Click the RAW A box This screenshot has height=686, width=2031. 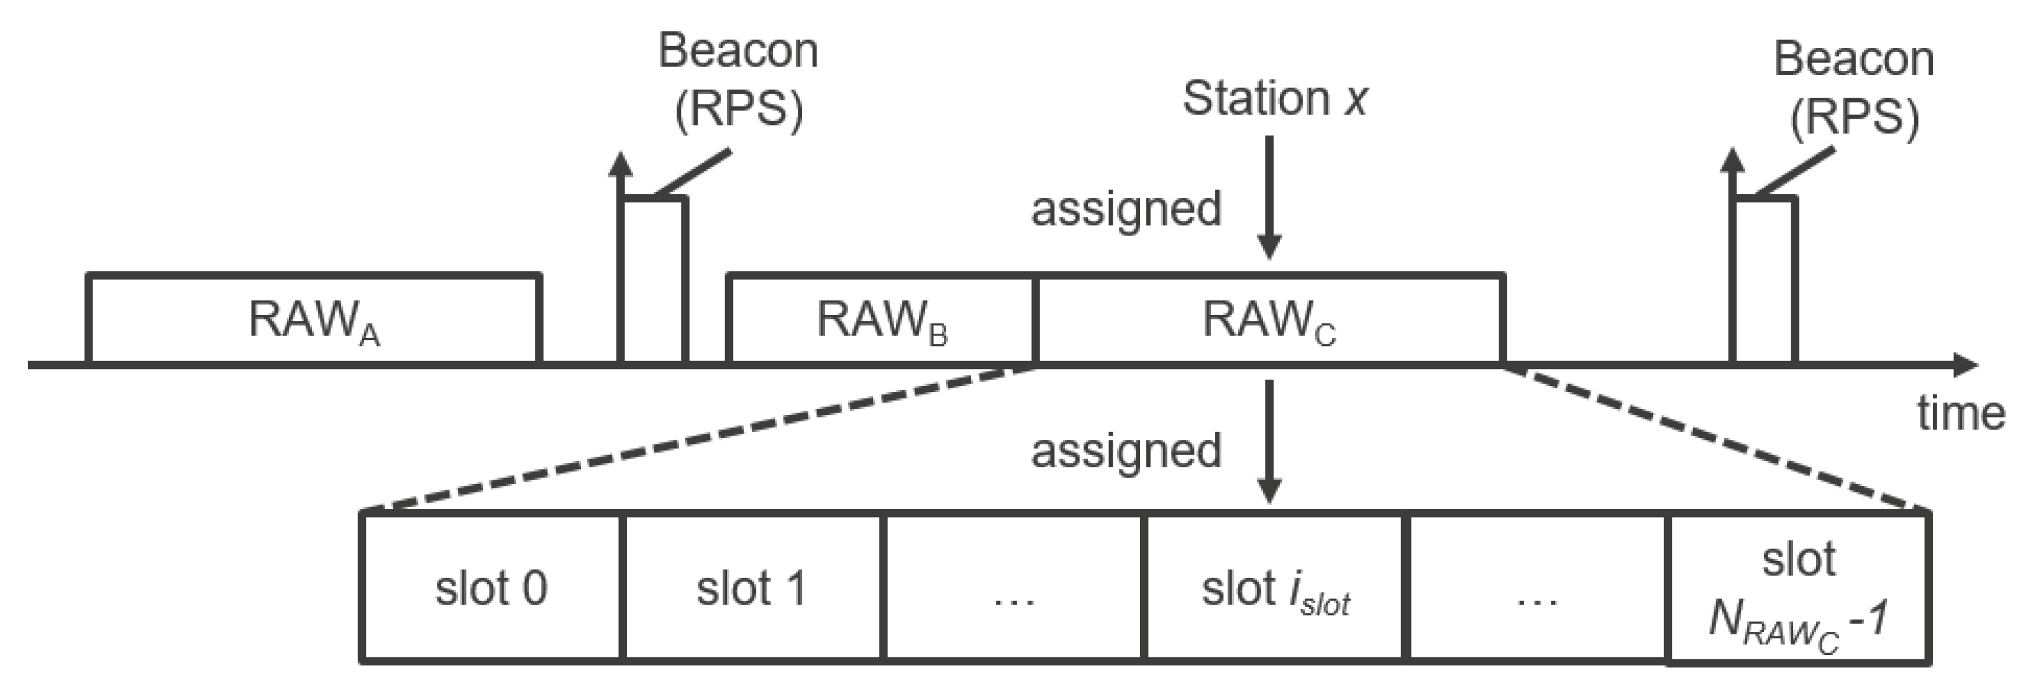tap(314, 319)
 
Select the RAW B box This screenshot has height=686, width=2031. tap(880, 319)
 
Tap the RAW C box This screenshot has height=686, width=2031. tap(1269, 319)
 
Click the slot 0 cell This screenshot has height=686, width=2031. tap(491, 587)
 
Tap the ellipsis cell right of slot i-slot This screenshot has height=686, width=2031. tap(1536, 587)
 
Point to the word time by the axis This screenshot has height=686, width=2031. tap(1960, 413)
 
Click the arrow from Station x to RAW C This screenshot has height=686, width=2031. tap(1269, 197)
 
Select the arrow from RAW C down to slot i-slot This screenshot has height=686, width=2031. tap(1269, 442)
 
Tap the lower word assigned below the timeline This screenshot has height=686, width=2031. tap(1126, 451)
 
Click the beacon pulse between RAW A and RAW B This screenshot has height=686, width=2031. tap(654, 280)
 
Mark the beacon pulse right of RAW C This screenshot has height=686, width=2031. tap(1764, 280)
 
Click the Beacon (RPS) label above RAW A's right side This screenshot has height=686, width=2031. tap(738, 79)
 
